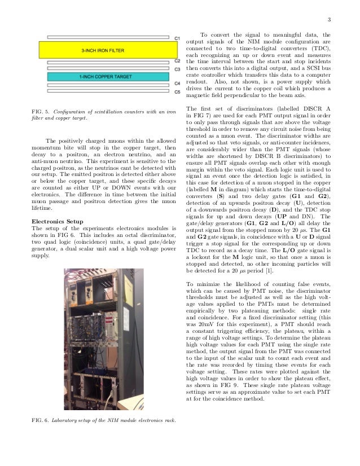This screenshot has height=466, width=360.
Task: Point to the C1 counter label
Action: pyautogui.click(x=177, y=38)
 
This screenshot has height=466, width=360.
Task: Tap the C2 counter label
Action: pyautogui.click(x=177, y=61)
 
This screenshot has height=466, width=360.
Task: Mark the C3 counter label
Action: pyautogui.click(x=177, y=69)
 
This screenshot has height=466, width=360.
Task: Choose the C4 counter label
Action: pyautogui.click(x=177, y=83)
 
